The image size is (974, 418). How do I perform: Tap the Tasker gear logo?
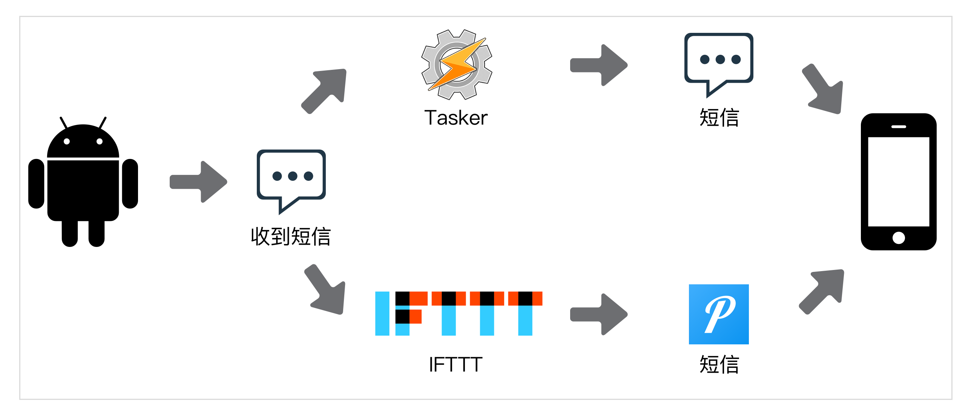pos(456,65)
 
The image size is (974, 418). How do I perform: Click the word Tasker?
pos(456,118)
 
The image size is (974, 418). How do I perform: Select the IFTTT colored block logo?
pos(458,313)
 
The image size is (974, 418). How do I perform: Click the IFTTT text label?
pos(456,365)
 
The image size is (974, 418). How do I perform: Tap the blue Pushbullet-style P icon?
pos(718,314)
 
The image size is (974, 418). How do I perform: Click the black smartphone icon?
pos(898,182)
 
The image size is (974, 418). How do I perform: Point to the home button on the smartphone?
pos(898,238)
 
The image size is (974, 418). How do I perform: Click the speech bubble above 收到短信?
pos(291,178)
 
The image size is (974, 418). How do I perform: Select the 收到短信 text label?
pos(291,237)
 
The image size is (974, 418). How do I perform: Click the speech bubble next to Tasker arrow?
pos(718,60)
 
